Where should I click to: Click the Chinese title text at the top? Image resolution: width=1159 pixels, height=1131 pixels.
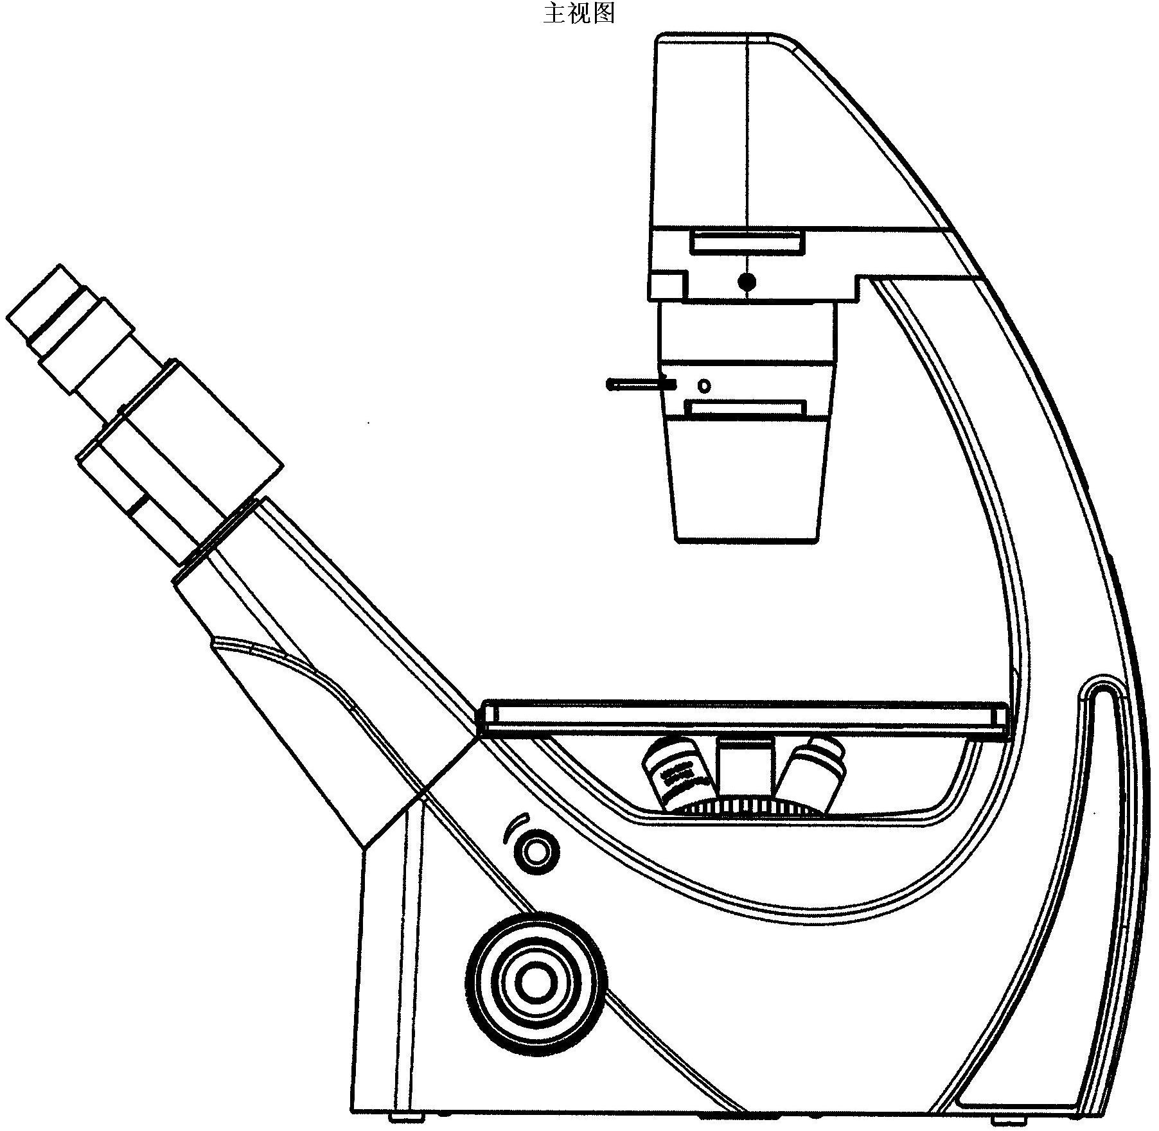579,13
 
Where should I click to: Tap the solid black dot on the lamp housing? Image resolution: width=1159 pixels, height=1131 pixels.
747,281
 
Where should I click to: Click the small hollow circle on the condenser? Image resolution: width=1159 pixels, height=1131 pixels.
705,386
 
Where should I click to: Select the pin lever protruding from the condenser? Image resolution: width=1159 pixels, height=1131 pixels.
641,385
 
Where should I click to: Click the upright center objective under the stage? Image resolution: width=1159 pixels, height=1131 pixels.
746,768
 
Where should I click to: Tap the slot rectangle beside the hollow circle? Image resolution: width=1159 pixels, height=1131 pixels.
746,409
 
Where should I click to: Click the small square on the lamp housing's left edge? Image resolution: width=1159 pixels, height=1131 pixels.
666,285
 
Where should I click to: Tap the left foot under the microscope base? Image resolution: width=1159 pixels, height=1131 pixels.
407,1123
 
